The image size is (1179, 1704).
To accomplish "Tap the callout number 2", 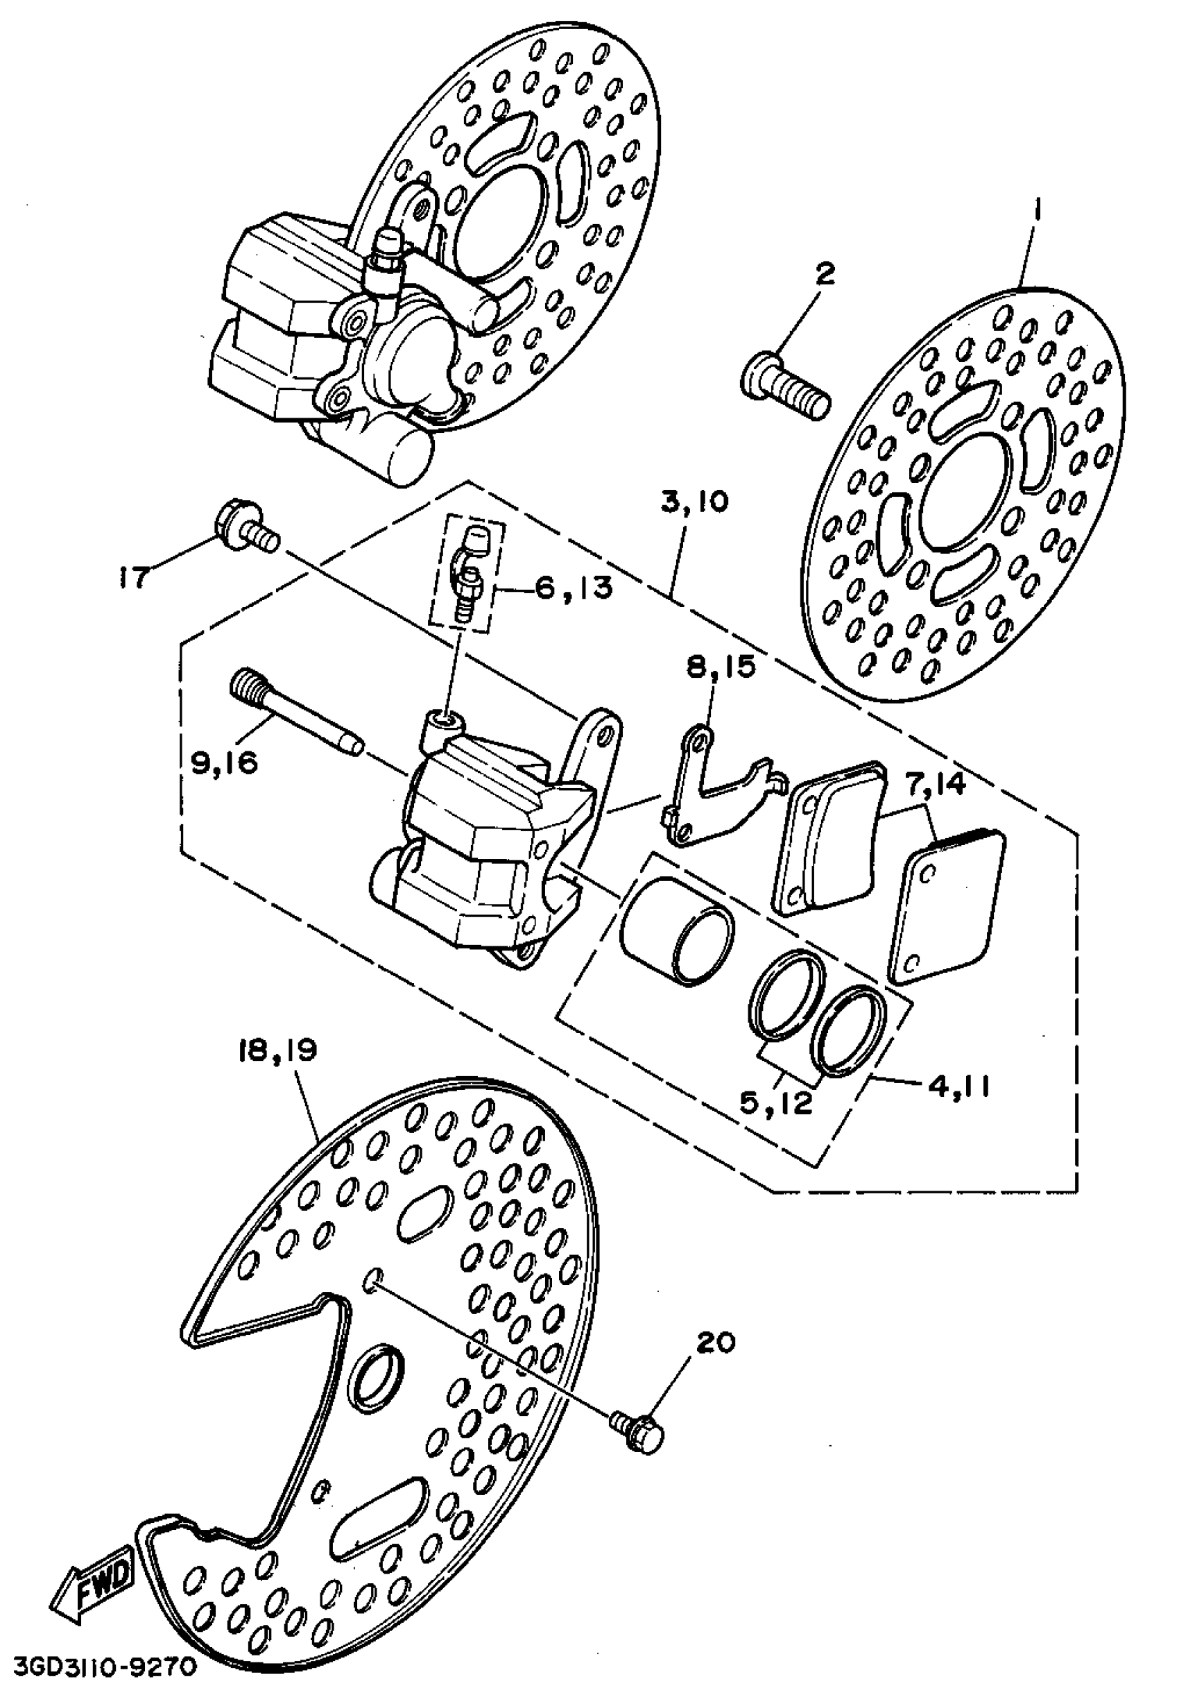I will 825,275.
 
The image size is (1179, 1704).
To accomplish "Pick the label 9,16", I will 225,762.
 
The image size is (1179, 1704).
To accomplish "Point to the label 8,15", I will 721,667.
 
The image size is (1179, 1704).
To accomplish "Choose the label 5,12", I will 776,1103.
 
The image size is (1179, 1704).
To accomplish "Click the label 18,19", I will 277,1050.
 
